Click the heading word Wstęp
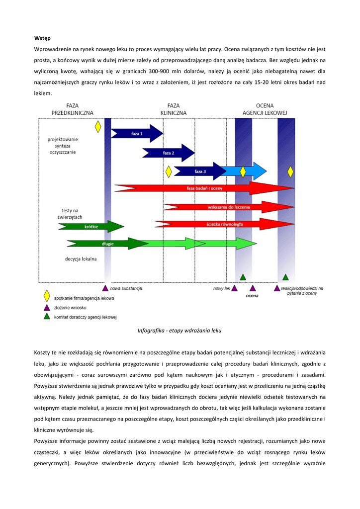coord(42,38)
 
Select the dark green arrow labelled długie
coord(107,244)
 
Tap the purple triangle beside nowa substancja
coord(105,288)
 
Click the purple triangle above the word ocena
coord(253,288)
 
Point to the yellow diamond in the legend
coord(47,297)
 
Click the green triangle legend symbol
coord(47,316)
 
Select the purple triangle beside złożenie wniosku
coord(47,307)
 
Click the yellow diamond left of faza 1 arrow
coord(98,127)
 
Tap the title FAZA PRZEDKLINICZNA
coord(72,109)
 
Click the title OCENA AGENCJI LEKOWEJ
coord(265,109)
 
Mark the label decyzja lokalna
coord(81,258)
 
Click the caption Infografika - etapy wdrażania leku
coord(180,330)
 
